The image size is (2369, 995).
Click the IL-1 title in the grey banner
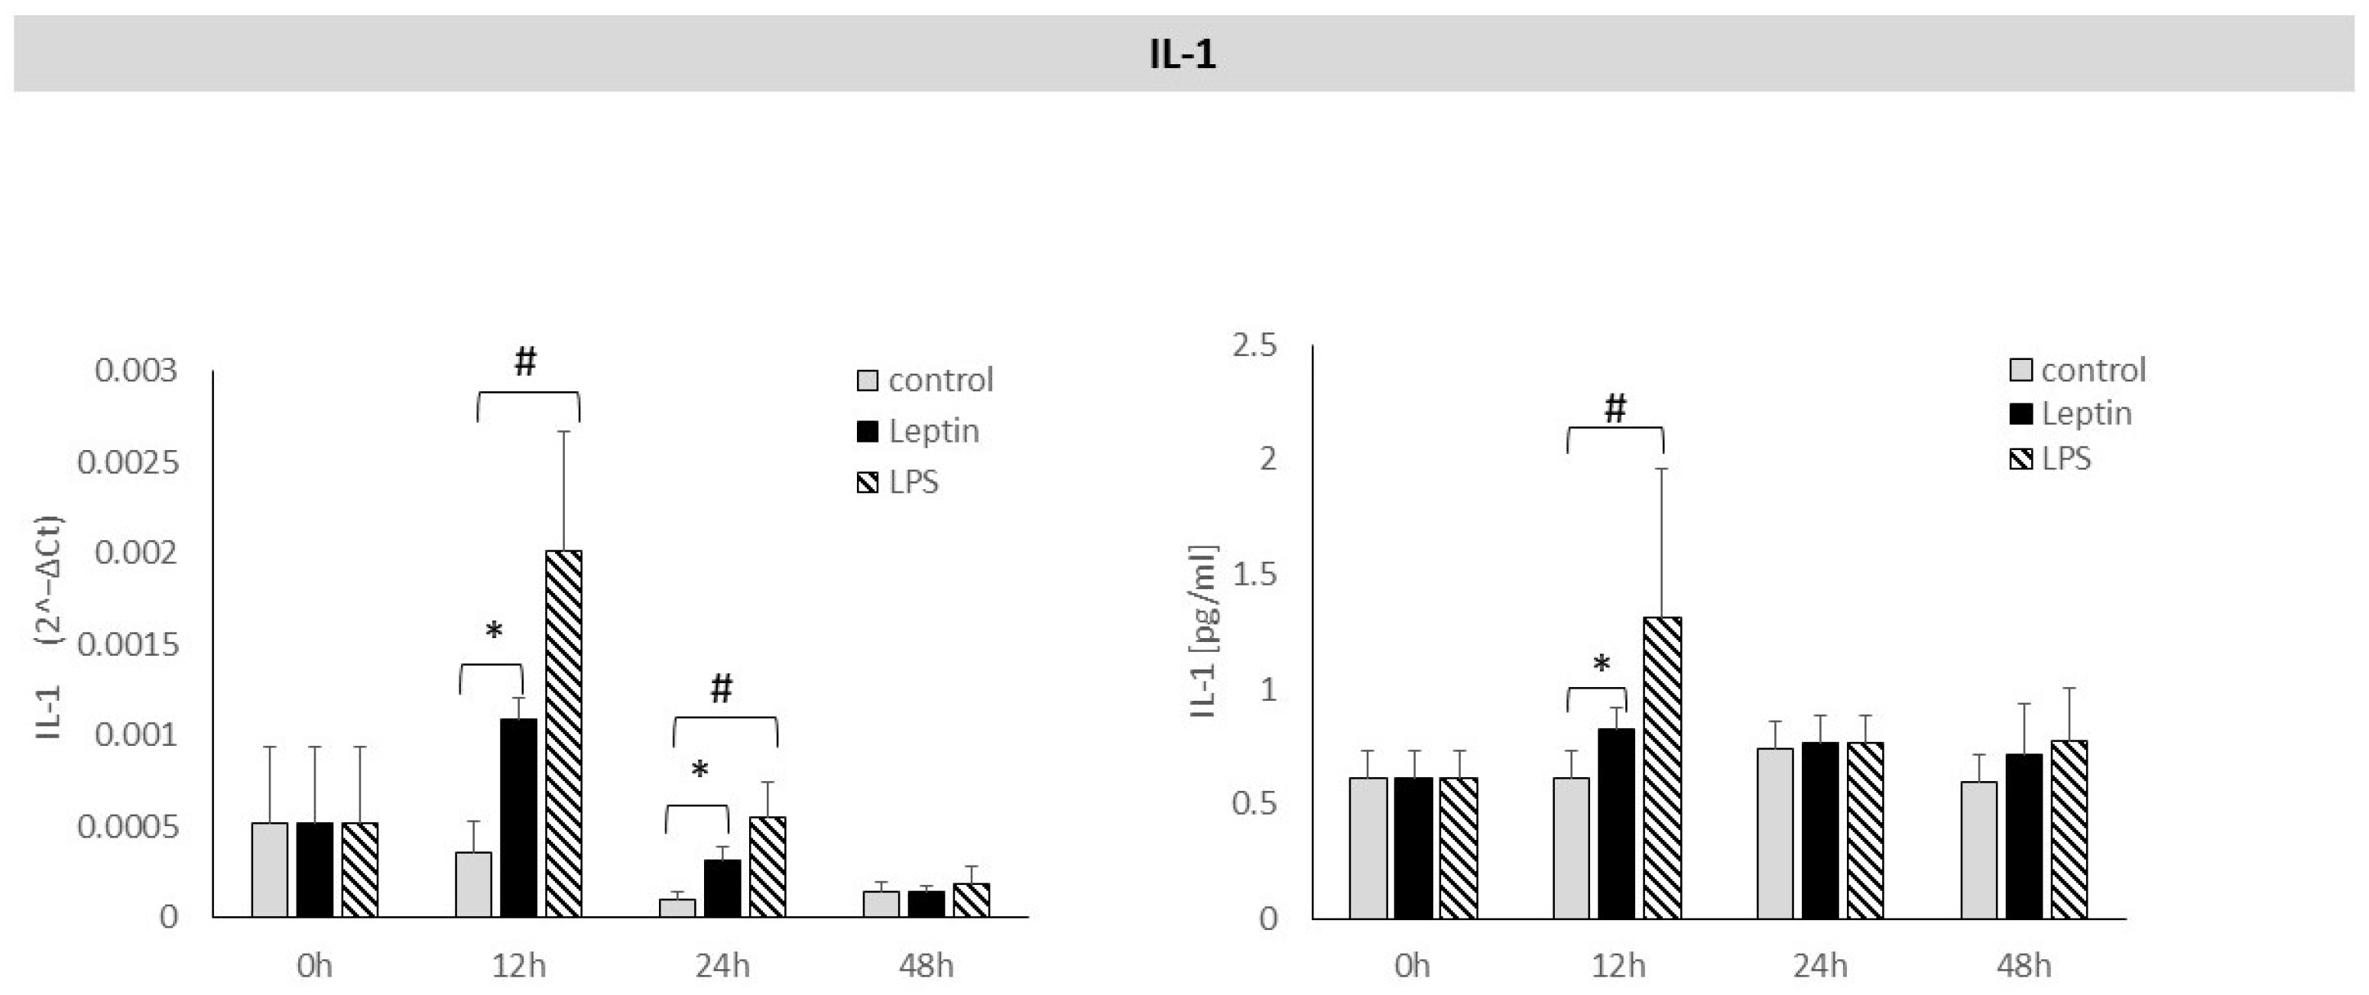tap(1183, 55)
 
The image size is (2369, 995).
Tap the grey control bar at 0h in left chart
tap(269, 869)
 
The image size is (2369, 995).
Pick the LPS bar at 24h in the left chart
tap(767, 867)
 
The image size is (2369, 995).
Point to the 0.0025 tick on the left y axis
tap(128, 462)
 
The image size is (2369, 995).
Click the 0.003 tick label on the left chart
tap(135, 371)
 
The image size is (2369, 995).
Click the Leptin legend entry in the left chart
tap(920, 430)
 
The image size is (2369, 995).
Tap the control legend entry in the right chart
tap(2079, 370)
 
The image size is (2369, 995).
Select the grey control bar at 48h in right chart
tap(1978, 849)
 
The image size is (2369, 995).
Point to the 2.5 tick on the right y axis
tap(1256, 345)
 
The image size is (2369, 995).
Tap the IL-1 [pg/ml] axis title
tap(1203, 633)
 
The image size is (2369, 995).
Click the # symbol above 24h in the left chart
tap(721, 687)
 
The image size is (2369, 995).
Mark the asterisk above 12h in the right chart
tap(1601, 663)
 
